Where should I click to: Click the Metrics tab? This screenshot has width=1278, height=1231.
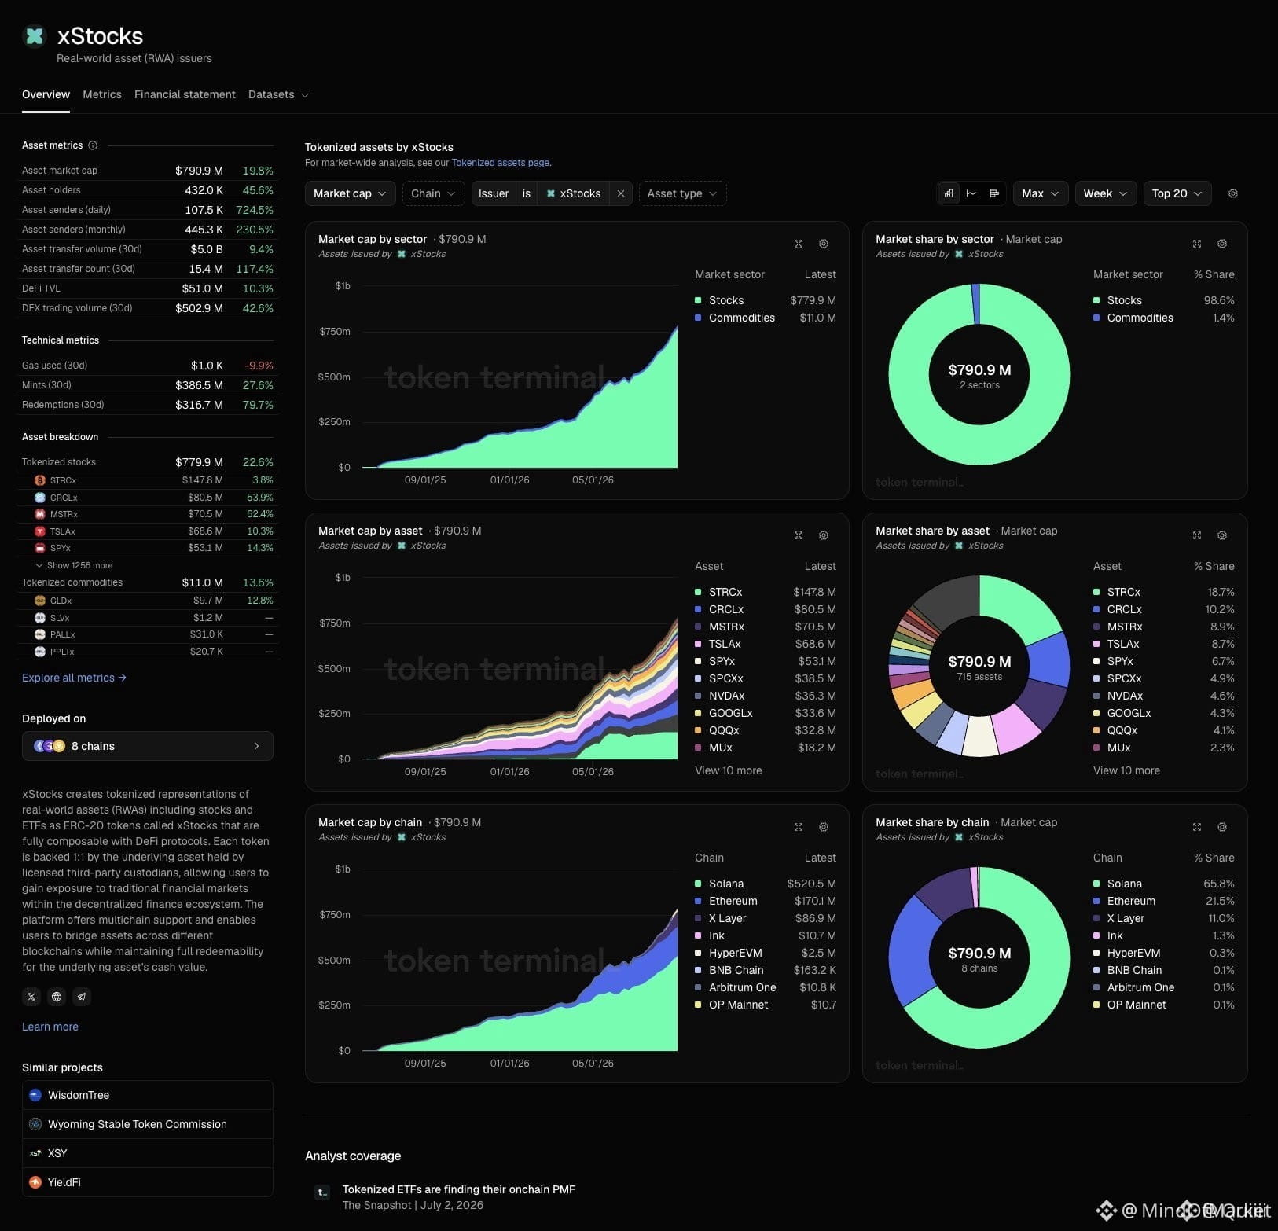pos(102,94)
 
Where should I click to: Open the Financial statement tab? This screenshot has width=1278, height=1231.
pos(185,94)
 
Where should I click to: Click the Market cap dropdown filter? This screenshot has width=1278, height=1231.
pos(349,193)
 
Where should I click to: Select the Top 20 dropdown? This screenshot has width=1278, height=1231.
pos(1177,193)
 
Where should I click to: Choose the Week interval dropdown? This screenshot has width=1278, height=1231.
pos(1105,193)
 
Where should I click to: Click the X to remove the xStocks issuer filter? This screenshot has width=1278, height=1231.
pos(621,193)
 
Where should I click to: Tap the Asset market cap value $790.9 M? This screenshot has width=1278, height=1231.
pos(199,171)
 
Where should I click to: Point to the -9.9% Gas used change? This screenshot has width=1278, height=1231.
pos(259,366)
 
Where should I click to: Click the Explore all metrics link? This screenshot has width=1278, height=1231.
pos(74,678)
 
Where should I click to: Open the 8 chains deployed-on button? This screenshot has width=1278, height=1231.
pos(148,746)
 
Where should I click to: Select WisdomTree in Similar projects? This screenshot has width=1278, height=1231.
pos(79,1095)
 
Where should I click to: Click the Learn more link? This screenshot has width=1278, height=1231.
pos(50,1027)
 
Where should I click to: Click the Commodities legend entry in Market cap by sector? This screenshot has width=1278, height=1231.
pos(742,318)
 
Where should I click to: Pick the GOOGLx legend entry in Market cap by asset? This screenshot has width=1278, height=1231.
pos(731,713)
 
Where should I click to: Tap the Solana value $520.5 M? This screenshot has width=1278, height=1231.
pos(811,884)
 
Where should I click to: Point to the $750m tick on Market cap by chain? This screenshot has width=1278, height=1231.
pos(335,914)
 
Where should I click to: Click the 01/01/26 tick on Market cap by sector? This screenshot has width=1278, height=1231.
pos(509,480)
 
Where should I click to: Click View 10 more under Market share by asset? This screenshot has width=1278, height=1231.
pos(1126,770)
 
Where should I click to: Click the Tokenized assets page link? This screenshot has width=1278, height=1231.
pos(500,163)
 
